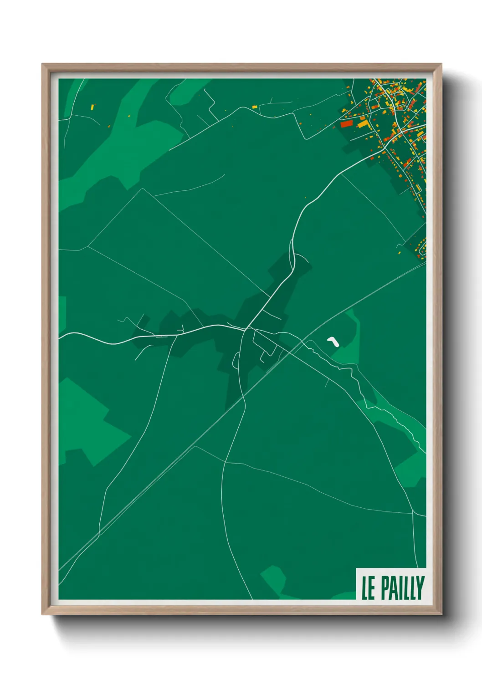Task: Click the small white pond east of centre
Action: pos(333,341)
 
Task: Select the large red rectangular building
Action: pos(347,123)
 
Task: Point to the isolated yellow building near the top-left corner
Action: pos(92,107)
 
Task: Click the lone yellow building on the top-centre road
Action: pos(255,107)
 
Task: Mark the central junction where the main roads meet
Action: pos(246,328)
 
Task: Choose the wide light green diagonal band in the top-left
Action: pos(118,137)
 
